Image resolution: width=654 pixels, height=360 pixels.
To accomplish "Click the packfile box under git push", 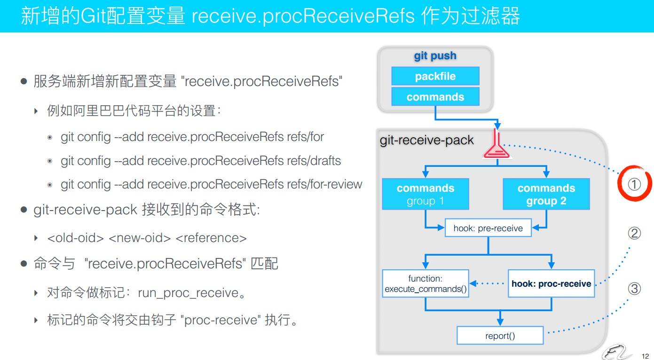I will [435, 76].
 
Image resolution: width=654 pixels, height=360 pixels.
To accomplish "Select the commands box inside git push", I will [435, 97].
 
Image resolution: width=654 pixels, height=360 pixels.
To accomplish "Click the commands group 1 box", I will [425, 194].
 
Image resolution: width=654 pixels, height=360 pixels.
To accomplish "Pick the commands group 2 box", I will [546, 194].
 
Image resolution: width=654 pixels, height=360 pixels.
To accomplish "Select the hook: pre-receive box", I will [488, 228].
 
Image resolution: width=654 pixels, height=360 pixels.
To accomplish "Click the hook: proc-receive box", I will [551, 283].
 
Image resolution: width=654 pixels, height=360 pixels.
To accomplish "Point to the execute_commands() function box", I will [425, 283].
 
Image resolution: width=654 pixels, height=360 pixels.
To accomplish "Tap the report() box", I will [500, 336].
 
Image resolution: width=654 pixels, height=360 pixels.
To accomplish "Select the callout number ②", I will [634, 234].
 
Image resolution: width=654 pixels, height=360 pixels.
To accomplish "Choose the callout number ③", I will [634, 289].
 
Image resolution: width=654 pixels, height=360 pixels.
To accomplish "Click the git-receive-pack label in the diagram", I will [426, 140].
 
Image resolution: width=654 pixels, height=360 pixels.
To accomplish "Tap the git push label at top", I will [435, 56].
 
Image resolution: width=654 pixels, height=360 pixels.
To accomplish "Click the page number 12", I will [645, 356].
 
